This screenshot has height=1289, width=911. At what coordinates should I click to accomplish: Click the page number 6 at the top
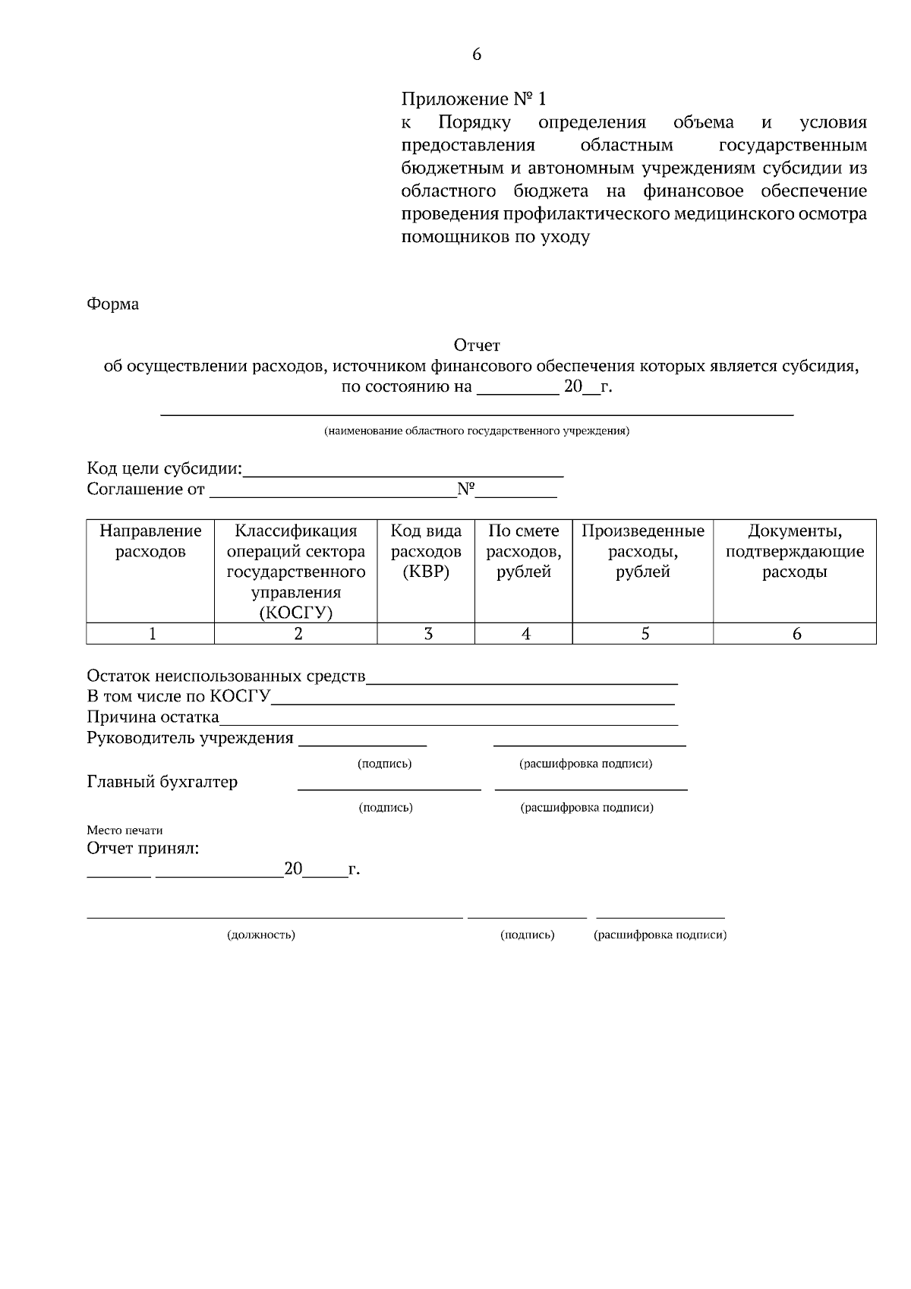point(477,55)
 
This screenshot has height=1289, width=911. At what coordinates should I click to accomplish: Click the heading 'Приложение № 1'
point(473,99)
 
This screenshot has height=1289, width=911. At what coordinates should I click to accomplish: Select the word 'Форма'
point(113,304)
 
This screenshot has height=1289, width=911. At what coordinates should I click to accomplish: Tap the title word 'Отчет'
point(477,346)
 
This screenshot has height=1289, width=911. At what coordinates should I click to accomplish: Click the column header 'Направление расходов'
point(150,541)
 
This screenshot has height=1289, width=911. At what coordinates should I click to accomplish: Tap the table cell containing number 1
point(152,634)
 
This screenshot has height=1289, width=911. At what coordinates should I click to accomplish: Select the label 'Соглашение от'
point(146,490)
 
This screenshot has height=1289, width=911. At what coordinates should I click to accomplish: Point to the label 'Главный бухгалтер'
point(162,782)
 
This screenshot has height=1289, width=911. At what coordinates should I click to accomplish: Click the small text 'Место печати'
point(125,830)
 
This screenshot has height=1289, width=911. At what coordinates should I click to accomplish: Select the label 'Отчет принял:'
point(143,849)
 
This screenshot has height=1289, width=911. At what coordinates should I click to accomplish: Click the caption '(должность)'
point(261,935)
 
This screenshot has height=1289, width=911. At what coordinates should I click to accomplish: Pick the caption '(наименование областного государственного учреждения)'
point(477,431)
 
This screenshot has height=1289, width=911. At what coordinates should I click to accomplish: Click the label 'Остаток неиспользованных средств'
point(226,676)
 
